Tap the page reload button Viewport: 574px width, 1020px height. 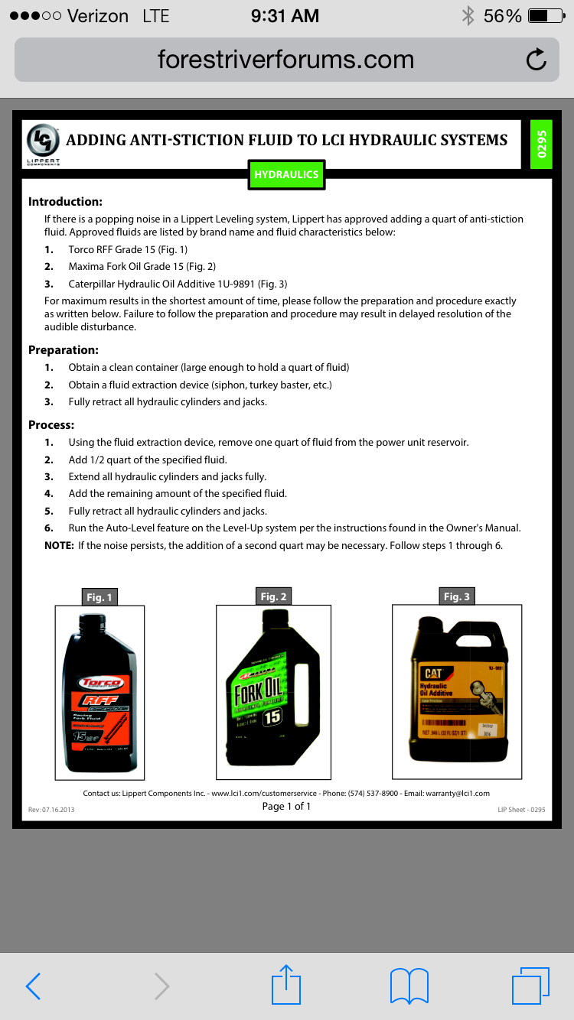coord(536,60)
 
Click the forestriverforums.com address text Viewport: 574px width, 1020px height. coord(285,60)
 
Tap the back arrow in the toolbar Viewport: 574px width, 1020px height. coord(33,986)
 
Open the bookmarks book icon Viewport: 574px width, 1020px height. coord(409,986)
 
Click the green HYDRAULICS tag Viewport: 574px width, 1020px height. coord(286,174)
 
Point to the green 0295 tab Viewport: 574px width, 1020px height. coord(541,144)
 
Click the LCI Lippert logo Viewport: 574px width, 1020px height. coord(44,143)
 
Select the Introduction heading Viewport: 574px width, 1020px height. coord(65,202)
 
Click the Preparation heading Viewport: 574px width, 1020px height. coord(64,350)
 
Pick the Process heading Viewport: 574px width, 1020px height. coord(51,425)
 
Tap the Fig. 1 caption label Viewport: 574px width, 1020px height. coord(99,597)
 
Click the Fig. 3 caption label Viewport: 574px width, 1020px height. coord(457,596)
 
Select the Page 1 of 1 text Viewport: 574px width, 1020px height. coord(286,806)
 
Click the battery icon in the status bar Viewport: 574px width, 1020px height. coord(546,16)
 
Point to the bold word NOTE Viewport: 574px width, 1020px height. coord(59,546)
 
